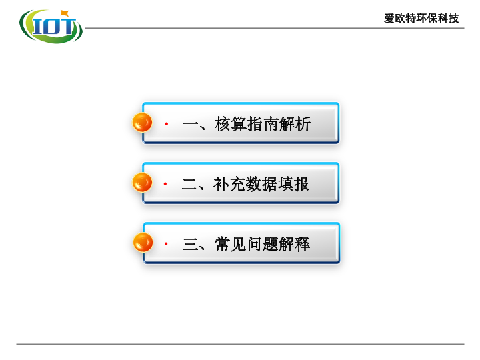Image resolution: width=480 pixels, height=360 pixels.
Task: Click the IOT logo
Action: pyautogui.click(x=51, y=27)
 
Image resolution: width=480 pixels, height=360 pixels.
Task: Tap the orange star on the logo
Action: pyautogui.click(x=65, y=13)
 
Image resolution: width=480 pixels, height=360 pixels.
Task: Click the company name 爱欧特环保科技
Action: pyautogui.click(x=421, y=19)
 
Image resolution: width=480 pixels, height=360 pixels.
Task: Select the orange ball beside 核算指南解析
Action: pyautogui.click(x=142, y=122)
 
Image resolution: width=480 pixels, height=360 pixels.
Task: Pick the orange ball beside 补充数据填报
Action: pyautogui.click(x=142, y=182)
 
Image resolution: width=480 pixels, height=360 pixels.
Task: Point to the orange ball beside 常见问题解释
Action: pyautogui.click(x=143, y=242)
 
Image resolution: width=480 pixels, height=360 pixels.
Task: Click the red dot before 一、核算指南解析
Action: pyautogui.click(x=167, y=124)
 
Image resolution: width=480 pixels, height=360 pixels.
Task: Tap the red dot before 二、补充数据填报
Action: pyautogui.click(x=165, y=184)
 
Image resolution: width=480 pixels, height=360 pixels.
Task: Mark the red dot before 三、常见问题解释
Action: pyautogui.click(x=166, y=244)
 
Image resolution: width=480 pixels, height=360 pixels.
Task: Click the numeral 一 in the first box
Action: pyautogui.click(x=191, y=124)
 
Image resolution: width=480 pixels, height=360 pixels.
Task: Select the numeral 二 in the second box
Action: pyautogui.click(x=189, y=184)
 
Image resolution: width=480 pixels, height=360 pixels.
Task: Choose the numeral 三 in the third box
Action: pyautogui.click(x=190, y=244)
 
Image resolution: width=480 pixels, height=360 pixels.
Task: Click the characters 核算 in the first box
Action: pyautogui.click(x=231, y=124)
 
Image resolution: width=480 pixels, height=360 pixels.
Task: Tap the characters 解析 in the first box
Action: pyautogui.click(x=295, y=124)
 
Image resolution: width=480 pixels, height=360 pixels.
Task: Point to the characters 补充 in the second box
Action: pyautogui.click(x=229, y=184)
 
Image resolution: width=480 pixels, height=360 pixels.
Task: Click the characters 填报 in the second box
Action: pyautogui.click(x=293, y=184)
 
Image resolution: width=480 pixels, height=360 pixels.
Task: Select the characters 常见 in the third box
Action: pyautogui.click(x=230, y=244)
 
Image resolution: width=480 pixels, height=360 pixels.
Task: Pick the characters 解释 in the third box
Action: pyautogui.click(x=294, y=244)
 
